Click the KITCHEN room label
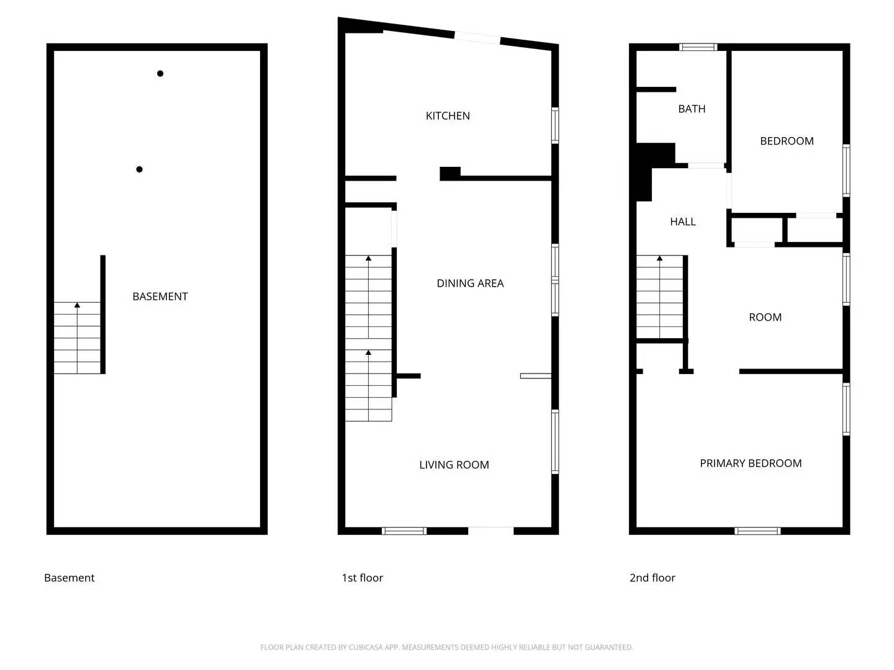tap(448, 116)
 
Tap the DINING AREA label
tap(470, 284)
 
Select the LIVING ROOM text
tap(454, 465)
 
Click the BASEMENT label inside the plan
tap(160, 297)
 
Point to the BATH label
tap(692, 109)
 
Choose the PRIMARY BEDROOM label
tap(751, 463)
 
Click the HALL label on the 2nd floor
tap(682, 222)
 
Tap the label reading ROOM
tap(765, 318)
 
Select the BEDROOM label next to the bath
tap(787, 141)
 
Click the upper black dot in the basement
tap(160, 74)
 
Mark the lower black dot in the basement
tap(140, 169)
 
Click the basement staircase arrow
tap(77, 305)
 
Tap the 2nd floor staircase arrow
tap(659, 258)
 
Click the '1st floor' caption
tap(362, 578)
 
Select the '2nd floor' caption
tap(652, 578)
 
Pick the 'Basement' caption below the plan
tap(70, 578)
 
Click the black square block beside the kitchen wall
tap(450, 174)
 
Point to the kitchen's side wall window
tap(555, 126)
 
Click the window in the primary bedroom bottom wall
tap(757, 531)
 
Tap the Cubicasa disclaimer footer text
tap(446, 648)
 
